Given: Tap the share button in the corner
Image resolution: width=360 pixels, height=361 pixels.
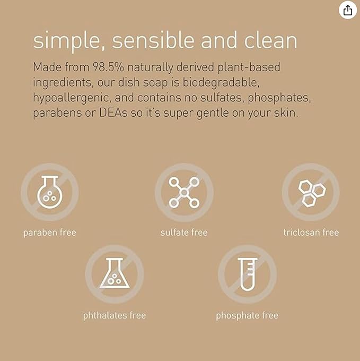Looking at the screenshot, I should tap(347, 11).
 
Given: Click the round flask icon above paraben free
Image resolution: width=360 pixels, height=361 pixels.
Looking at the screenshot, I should tap(49, 192).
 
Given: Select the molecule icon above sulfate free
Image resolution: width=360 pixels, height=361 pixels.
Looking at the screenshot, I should tap(183, 192).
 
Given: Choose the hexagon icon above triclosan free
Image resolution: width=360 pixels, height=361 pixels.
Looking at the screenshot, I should tap(311, 192).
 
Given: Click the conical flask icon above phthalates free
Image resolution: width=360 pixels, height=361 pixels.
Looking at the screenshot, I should tap(115, 274).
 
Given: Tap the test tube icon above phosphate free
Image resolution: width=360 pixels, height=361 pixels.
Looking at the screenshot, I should tap(247, 274).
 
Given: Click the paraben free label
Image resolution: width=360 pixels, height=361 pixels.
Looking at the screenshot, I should tap(49, 233).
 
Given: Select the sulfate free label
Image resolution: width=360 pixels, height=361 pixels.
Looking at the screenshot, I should tap(184, 233).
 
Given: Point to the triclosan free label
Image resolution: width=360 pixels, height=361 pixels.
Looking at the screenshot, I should tap(311, 233).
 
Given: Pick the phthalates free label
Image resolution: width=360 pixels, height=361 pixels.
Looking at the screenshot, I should tap(115, 315).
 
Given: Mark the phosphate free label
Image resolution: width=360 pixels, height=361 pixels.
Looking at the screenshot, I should tap(247, 315).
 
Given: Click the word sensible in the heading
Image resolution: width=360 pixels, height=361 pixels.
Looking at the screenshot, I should tap(147, 41).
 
